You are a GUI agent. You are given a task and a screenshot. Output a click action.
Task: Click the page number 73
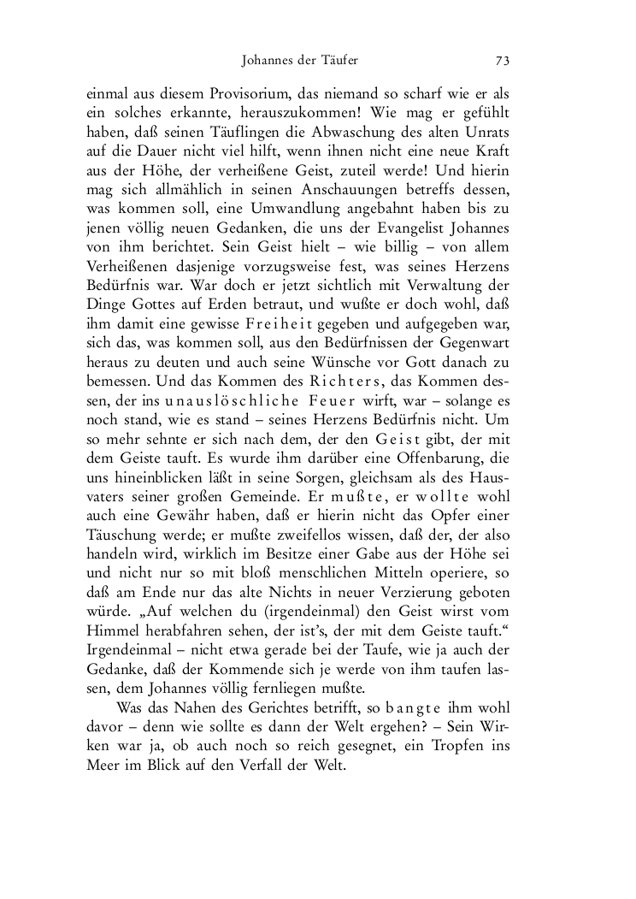(x=502, y=61)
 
